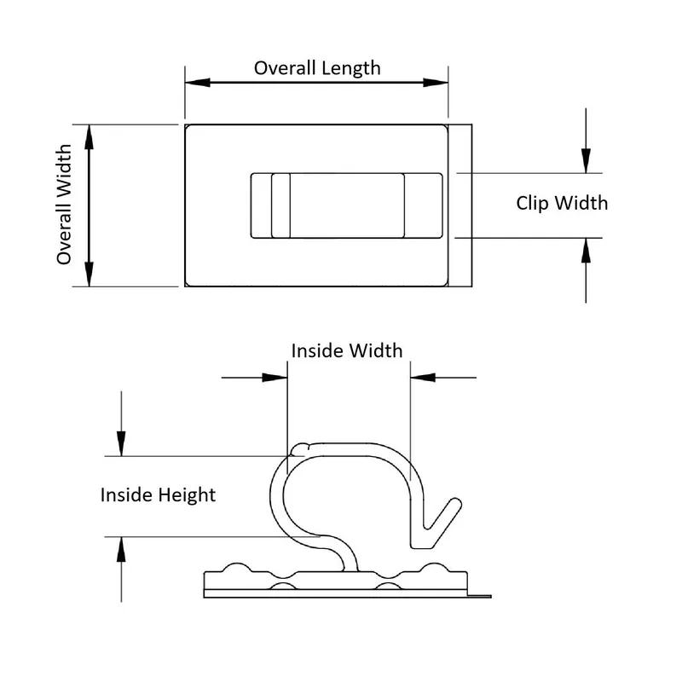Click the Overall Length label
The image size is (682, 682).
click(317, 68)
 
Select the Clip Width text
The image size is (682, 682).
click(562, 203)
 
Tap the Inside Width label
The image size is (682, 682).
click(347, 350)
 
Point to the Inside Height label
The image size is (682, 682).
click(158, 494)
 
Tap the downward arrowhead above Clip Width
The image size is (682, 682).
click(586, 160)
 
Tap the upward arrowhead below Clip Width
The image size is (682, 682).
click(586, 250)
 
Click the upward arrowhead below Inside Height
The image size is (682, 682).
click(122, 549)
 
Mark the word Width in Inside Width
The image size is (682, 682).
click(375, 350)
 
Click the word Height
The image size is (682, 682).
click(188, 494)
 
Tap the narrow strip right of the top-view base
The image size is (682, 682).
click(462, 205)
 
